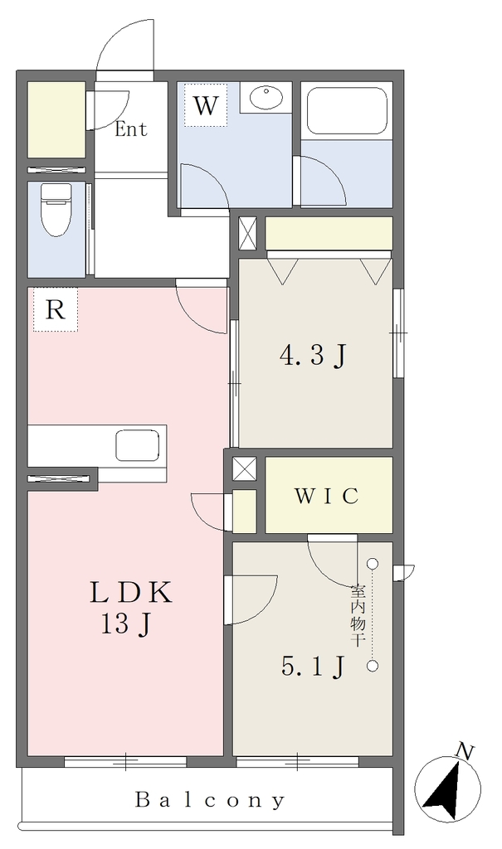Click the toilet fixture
pyautogui.click(x=56, y=209)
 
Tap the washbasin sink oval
pyautogui.click(x=266, y=98)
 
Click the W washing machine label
pyautogui.click(x=205, y=105)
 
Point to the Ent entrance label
pyautogui.click(x=130, y=129)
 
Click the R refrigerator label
pyautogui.click(x=55, y=310)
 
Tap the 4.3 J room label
pyautogui.click(x=312, y=355)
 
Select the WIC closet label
pyautogui.click(x=326, y=496)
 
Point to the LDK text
pyautogui.click(x=130, y=592)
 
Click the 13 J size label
pyautogui.click(x=124, y=624)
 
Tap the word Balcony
pyautogui.click(x=209, y=799)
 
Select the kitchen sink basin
pyautogui.click(x=137, y=445)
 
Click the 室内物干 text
pyautogui.click(x=357, y=614)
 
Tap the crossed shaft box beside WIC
pyautogui.click(x=243, y=468)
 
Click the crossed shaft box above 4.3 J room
pyautogui.click(x=247, y=233)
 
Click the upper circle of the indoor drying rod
pyautogui.click(x=373, y=564)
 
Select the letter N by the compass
pyautogui.click(x=465, y=751)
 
